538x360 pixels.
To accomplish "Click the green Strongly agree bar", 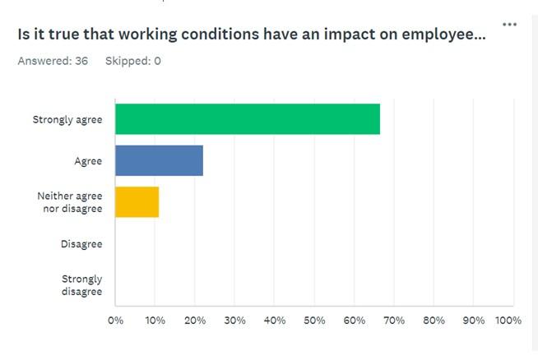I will click(247, 119).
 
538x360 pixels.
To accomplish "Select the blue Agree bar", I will click(159, 160).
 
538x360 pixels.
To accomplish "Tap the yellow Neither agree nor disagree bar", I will click(137, 202).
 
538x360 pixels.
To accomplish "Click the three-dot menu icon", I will click(510, 25).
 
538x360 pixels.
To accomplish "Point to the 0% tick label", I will click(115, 320).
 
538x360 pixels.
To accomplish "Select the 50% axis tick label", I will click(314, 320).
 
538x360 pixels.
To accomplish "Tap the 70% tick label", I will click(394, 320).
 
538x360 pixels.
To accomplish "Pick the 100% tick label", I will click(508, 320).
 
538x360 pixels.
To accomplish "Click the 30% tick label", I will click(234, 320).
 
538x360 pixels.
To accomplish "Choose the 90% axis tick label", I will click(474, 320).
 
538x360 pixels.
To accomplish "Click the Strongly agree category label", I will click(67, 120).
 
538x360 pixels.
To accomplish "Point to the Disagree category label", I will click(81, 244).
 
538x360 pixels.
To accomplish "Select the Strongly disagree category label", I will click(81, 285).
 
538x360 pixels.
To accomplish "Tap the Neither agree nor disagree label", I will click(70, 202).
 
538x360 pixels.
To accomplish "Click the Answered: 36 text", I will click(53, 62).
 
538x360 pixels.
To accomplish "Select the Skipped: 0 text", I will click(132, 62).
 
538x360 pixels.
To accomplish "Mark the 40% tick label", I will click(275, 320).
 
